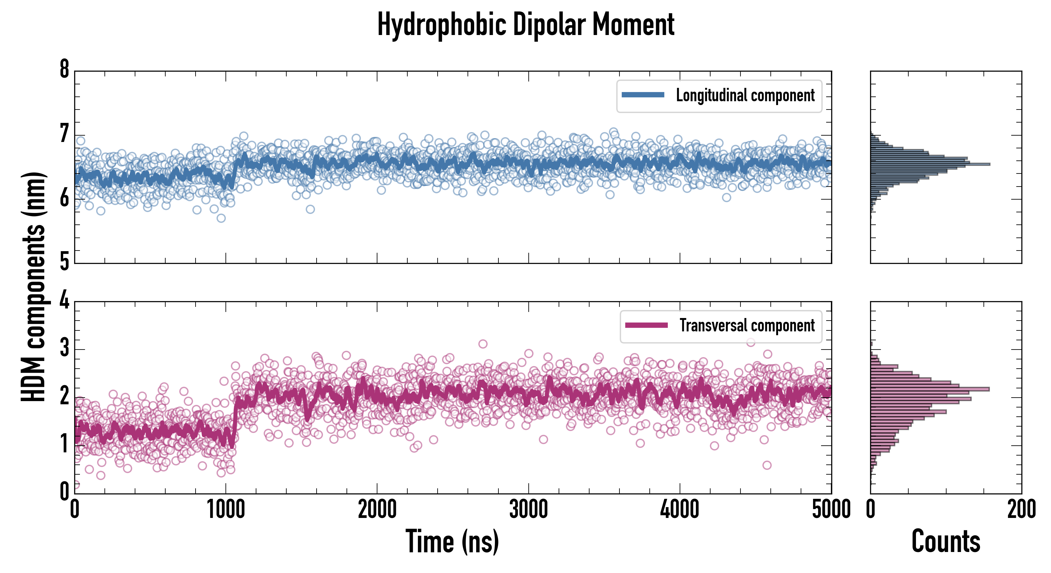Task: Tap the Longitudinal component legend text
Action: [745, 95]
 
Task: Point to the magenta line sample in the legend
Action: [646, 325]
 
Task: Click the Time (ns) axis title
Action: [452, 541]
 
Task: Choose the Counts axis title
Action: [946, 541]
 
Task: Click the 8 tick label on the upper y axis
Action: [64, 70]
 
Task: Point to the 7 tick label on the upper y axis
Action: [64, 134]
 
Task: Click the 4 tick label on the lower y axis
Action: [64, 301]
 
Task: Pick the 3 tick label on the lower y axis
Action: [64, 348]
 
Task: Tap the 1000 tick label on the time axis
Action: [225, 510]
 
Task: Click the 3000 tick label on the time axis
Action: [528, 510]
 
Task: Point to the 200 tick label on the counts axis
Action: [1021, 510]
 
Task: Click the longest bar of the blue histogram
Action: [930, 164]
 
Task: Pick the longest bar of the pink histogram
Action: [930, 389]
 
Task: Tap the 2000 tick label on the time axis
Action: [377, 510]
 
